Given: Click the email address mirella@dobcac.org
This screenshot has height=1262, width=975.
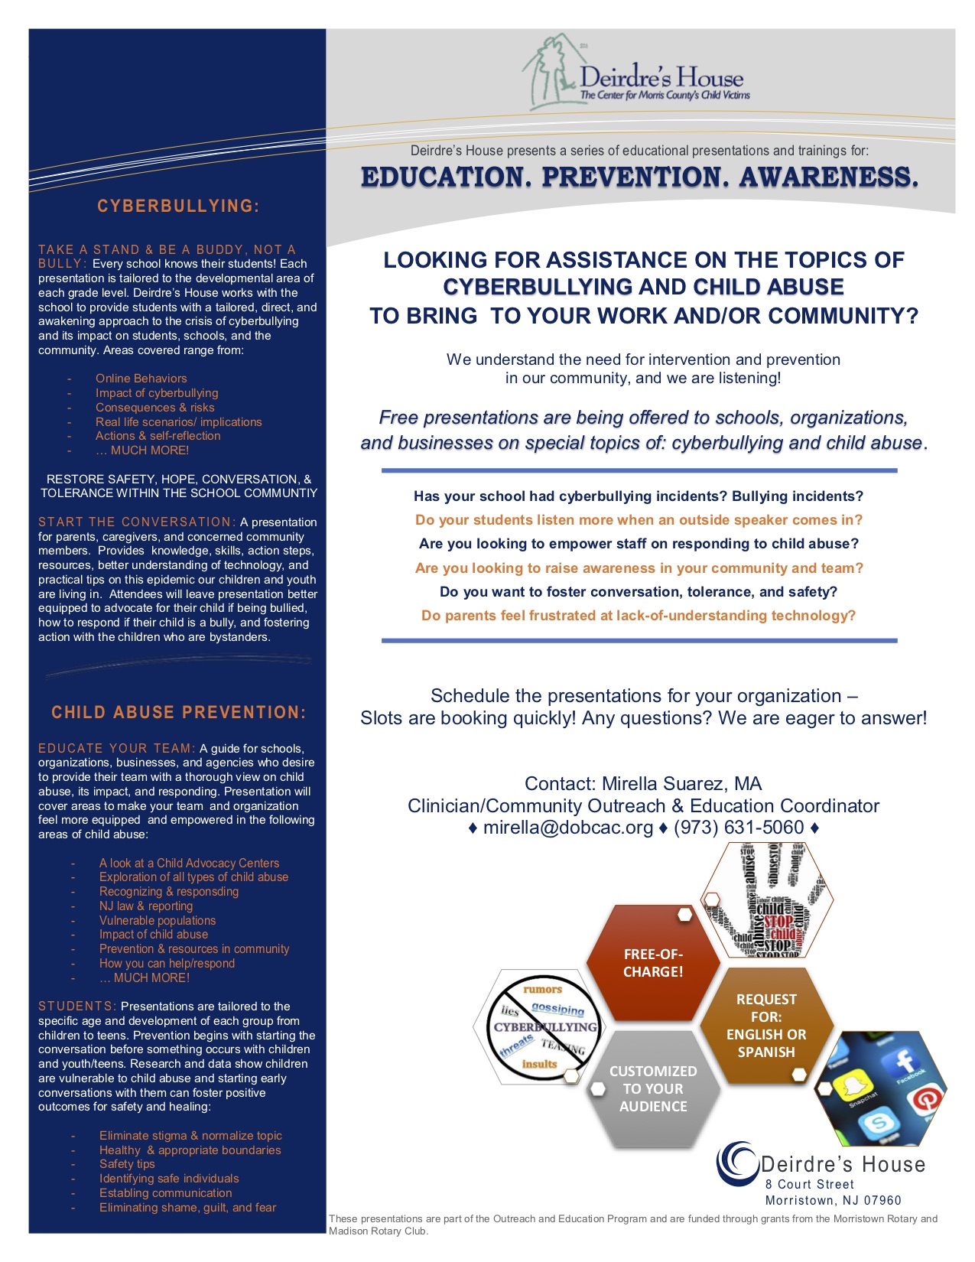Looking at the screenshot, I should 568,828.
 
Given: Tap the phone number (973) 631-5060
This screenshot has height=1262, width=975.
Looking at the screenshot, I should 739,828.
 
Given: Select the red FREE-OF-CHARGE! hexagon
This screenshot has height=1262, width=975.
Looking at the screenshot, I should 653,963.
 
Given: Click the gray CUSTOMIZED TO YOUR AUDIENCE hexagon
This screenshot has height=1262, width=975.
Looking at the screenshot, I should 653,1088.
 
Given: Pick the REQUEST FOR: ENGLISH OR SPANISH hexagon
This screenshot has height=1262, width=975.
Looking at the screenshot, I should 765,1025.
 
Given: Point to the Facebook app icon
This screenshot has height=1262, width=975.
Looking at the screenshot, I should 905,1062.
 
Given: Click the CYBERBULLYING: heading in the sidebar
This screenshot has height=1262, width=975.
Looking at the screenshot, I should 178,207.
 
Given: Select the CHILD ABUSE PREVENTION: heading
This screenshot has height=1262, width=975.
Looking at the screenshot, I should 178,713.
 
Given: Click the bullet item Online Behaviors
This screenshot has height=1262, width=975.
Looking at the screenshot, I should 141,379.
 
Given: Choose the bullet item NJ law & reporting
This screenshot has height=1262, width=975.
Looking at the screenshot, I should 146,906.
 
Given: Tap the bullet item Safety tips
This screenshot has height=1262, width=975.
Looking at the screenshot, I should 127,1164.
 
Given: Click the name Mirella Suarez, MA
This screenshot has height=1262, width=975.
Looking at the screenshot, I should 681,784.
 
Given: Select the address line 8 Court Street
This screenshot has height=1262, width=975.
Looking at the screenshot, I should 809,1184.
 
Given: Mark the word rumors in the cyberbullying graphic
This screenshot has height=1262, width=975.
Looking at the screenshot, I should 542,990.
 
